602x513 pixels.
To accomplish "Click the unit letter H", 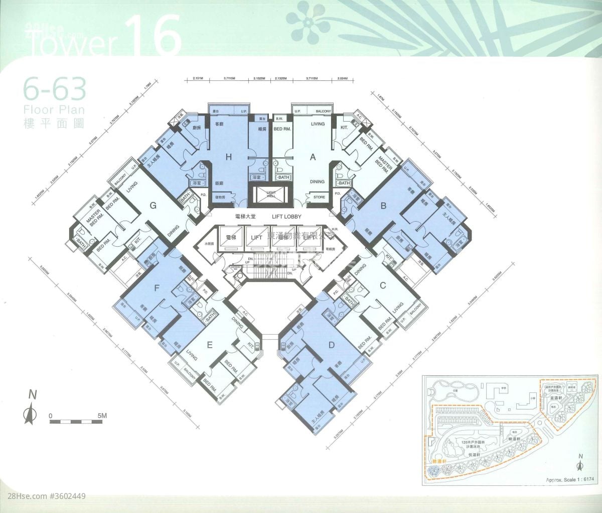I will click(x=229, y=157).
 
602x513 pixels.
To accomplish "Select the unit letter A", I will click(x=313, y=157).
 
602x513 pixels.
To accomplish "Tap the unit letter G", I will click(x=154, y=205).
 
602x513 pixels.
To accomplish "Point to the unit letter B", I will click(x=383, y=205).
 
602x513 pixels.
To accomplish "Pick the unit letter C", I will click(x=383, y=286).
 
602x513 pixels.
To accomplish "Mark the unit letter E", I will click(x=210, y=344).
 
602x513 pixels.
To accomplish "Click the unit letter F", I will click(x=157, y=288).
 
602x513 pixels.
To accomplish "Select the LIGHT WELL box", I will click(x=271, y=194).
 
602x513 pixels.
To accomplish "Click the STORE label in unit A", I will click(x=319, y=197).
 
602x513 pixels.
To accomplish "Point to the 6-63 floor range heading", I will click(x=54, y=90).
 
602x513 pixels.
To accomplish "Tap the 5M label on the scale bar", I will click(x=102, y=416).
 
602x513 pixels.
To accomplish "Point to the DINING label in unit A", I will click(x=317, y=181).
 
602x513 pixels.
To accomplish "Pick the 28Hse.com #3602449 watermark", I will click(x=44, y=496).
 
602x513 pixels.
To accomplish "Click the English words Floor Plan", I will click(x=54, y=110).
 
